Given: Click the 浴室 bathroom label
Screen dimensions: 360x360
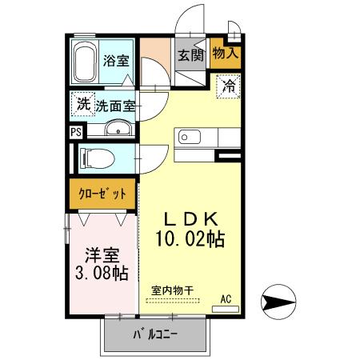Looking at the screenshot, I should pos(117,60).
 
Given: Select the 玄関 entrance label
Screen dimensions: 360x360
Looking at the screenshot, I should pos(190,55).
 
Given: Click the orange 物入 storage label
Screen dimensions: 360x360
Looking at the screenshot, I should pos(226,54).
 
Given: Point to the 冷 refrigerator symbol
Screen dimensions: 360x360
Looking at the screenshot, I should pos(228,83).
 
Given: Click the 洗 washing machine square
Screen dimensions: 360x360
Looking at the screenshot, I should pos(82,104).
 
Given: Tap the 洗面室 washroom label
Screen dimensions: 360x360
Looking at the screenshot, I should pos(116,105).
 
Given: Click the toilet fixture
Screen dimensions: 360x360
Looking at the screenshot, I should pos(100,157).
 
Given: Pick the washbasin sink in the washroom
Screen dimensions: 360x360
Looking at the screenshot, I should pos(118,130).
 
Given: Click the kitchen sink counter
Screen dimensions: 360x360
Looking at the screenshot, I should pos(192,137).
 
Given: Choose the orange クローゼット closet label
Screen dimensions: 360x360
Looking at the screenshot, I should pos(101,193).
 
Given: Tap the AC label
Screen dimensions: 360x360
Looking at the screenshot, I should pos(226,299).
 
